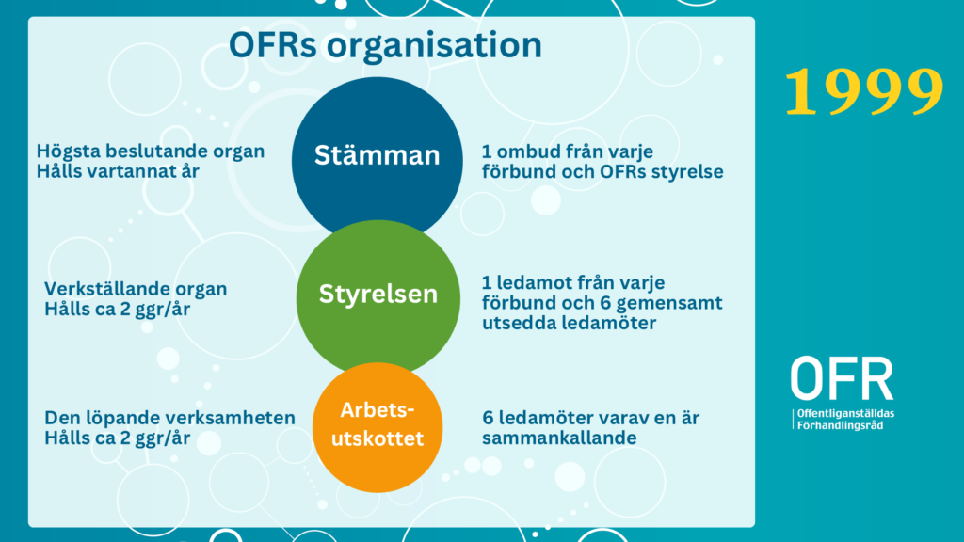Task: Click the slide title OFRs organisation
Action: (x=385, y=45)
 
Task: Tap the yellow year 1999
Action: (x=864, y=91)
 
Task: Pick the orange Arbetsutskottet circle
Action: (x=378, y=428)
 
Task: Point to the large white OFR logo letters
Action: (x=842, y=378)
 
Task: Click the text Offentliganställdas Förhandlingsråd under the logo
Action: (x=845, y=419)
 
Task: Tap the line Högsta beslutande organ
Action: (x=151, y=151)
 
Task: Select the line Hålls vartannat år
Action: (x=118, y=171)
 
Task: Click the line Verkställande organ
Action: (x=136, y=289)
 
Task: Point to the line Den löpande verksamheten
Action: (x=169, y=418)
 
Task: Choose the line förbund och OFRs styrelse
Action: (x=602, y=171)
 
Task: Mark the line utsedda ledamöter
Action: (x=570, y=323)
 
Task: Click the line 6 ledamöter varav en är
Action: (x=591, y=418)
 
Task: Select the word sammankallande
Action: (x=559, y=438)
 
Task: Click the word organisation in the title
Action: (x=434, y=46)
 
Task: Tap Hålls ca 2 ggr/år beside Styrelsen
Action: (x=118, y=309)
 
